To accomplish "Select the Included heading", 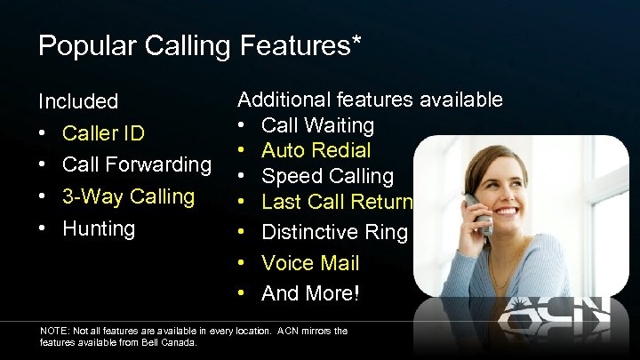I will click(78, 101).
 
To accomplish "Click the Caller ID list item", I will click(103, 133).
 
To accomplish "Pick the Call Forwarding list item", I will click(137, 164).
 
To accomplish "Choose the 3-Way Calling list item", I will click(128, 196).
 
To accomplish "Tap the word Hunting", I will click(98, 228).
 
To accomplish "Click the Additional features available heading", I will click(370, 100).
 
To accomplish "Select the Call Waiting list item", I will click(318, 125).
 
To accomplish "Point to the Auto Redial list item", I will click(316, 150).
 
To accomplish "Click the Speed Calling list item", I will click(327, 176).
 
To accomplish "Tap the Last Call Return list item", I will click(337, 202).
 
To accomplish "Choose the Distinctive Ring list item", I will click(334, 233).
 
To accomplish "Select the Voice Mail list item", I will click(310, 263).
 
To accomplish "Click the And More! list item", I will click(310, 292).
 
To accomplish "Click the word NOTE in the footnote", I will click(56, 331).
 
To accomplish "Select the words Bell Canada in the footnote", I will click(176, 342).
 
